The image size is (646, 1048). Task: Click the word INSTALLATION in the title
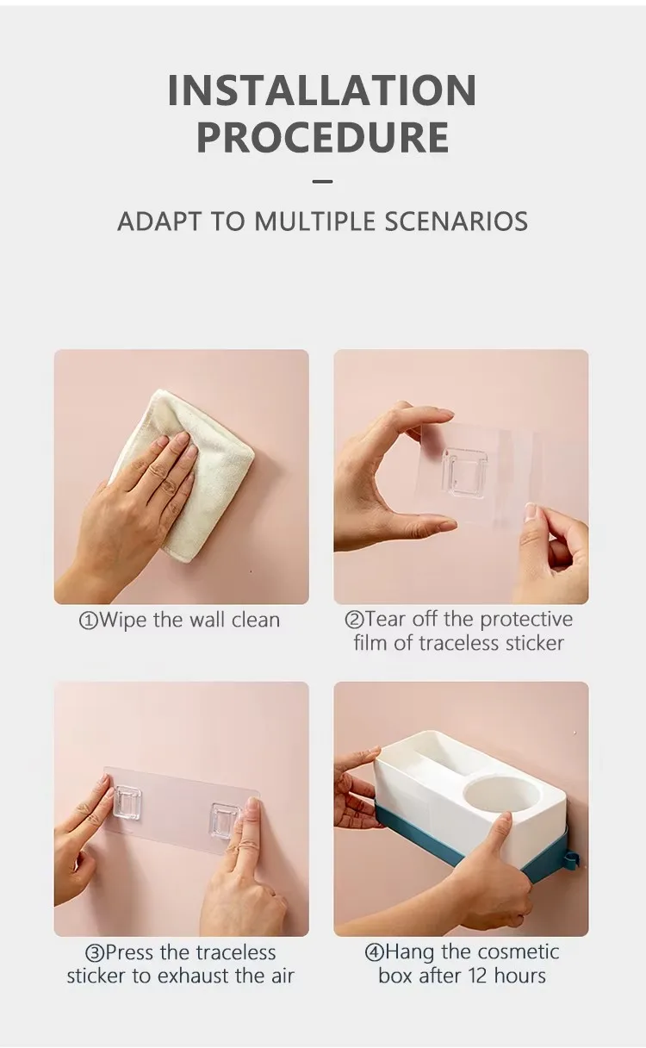(322, 90)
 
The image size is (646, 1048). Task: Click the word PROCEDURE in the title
(322, 138)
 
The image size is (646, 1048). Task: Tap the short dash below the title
(322, 182)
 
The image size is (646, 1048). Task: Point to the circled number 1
(89, 621)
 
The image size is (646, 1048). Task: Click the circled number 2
(354, 620)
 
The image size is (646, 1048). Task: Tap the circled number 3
(94, 953)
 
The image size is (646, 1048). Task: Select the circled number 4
(374, 953)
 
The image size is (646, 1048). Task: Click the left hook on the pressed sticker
(128, 801)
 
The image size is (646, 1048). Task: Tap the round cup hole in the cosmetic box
(501, 793)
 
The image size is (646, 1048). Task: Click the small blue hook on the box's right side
(571, 859)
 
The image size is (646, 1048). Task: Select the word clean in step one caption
(255, 620)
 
